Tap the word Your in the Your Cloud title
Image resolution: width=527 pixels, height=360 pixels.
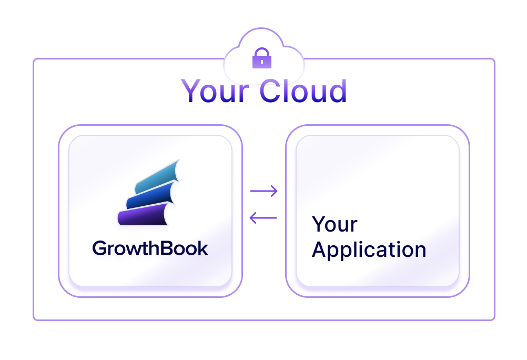click(216, 91)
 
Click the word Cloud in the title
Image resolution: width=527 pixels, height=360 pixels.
click(303, 91)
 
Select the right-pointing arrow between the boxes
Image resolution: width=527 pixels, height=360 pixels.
click(263, 191)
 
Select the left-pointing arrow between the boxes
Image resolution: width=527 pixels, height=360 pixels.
click(263, 217)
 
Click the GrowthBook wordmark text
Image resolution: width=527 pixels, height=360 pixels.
click(150, 248)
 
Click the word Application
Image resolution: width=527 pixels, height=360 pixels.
click(369, 249)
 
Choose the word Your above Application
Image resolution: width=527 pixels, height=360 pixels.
click(335, 224)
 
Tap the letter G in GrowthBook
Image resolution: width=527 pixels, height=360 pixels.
click(99, 248)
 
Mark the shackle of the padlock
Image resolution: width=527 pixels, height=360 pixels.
click(261, 53)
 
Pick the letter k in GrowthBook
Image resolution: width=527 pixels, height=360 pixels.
click(202, 247)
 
